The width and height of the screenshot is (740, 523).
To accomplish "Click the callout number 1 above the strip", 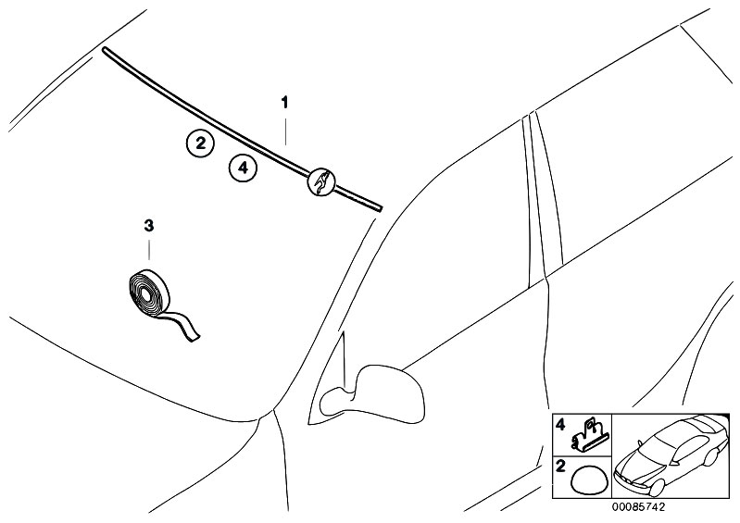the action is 284,103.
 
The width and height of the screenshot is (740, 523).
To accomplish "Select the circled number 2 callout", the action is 200,143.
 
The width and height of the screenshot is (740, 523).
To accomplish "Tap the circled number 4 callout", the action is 243,168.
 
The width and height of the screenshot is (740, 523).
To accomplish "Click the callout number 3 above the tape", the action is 149,226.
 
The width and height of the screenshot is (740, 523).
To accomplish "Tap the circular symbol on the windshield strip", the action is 321,181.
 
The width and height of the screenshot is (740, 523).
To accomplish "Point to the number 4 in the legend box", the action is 560,426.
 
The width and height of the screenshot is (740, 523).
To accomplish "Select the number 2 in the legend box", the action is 560,467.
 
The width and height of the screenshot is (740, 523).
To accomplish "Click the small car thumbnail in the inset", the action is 671,455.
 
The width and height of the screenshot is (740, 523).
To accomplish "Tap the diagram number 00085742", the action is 638,507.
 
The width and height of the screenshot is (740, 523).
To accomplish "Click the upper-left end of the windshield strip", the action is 105,49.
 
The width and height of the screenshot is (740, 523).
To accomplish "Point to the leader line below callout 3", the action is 149,249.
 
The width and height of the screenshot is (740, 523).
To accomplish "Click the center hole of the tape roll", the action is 145,295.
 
